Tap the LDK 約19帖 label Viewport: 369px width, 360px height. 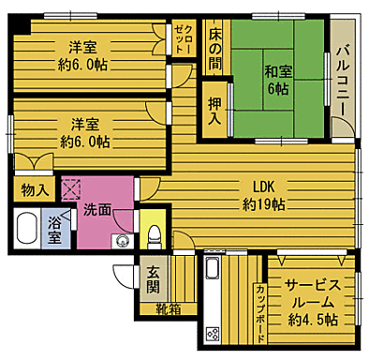(x=264, y=195)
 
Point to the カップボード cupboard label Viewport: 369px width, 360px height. (x=258, y=309)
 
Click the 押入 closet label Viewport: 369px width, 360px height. (x=214, y=112)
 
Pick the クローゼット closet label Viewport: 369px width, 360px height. (x=184, y=42)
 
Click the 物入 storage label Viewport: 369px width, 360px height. (x=36, y=189)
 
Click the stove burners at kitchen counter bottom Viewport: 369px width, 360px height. (x=212, y=333)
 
